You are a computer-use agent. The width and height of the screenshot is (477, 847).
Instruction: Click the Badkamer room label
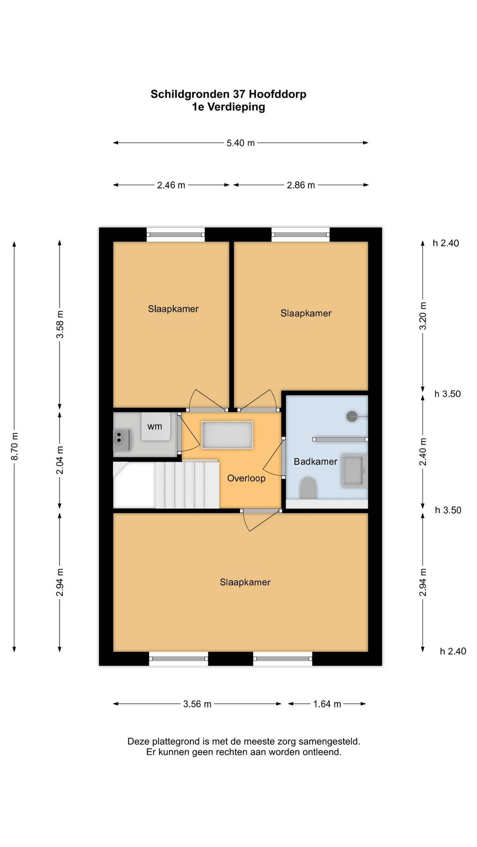pos(315,462)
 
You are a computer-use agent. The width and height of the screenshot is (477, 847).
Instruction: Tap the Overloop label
pos(246,478)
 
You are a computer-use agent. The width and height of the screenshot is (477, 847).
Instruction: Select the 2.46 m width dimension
pos(171,185)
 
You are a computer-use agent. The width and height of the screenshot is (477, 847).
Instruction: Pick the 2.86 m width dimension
pos(301,185)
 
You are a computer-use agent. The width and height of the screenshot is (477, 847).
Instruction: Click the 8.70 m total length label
pos(15,446)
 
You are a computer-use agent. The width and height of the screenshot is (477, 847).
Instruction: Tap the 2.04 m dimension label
pos(60,460)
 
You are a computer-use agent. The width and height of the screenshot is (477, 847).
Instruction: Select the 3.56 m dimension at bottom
pos(197,704)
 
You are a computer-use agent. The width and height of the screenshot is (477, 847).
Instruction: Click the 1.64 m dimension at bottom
pos(327,704)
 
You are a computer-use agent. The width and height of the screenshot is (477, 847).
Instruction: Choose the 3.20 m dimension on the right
pos(423,316)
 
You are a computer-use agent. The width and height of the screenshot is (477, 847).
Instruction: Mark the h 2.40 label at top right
pos(445,243)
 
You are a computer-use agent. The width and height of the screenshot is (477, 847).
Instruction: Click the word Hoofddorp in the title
pos(278,94)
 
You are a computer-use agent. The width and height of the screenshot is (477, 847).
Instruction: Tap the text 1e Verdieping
pos(229,107)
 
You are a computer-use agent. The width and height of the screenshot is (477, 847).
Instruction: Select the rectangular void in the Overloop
pos(227,435)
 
